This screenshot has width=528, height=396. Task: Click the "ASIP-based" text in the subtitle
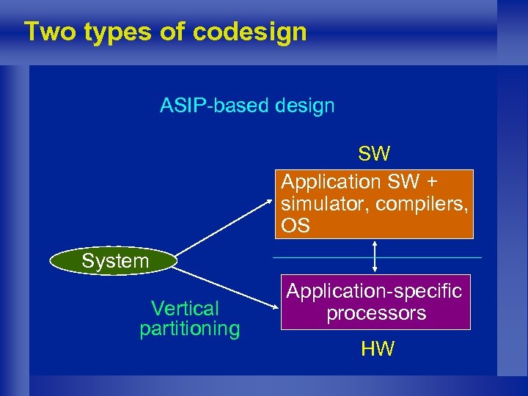215,106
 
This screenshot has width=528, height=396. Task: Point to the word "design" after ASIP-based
305,106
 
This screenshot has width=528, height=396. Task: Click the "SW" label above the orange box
374,154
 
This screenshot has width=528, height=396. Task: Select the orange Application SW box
374,204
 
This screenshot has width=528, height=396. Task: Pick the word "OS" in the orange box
296,226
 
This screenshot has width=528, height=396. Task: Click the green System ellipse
114,261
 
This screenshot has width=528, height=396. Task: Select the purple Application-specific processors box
374,302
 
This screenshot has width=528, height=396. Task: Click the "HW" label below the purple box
377,349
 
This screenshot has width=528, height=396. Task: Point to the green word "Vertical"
185,308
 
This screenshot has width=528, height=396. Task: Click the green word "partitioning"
189,329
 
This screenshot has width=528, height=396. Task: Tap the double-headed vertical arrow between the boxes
375,257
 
